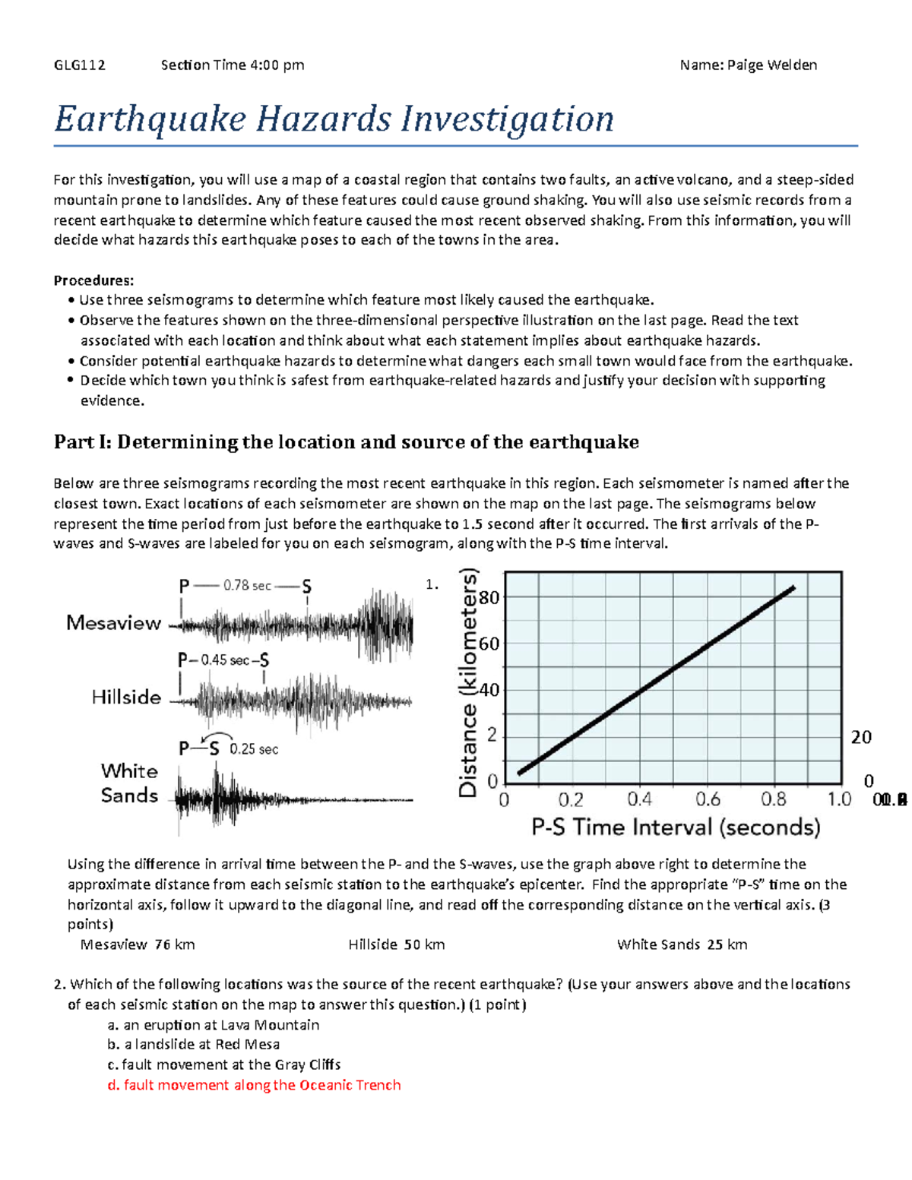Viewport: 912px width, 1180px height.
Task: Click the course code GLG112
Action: coord(79,65)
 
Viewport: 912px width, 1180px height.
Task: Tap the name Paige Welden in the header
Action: coord(771,65)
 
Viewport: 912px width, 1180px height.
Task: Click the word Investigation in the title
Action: coord(508,119)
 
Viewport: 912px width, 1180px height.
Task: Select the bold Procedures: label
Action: coord(93,280)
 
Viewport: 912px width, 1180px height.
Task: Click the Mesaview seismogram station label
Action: coord(114,623)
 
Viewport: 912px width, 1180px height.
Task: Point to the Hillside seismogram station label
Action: coord(126,697)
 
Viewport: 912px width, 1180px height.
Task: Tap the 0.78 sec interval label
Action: coord(247,585)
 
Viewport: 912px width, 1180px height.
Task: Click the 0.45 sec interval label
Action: coord(225,660)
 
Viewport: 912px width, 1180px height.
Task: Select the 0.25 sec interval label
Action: coord(254,749)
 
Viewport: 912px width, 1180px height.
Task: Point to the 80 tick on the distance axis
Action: coord(489,597)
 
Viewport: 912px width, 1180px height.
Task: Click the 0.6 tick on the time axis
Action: coord(708,799)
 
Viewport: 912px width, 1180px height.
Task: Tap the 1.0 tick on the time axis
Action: coord(839,799)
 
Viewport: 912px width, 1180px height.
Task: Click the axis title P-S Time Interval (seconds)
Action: coord(676,827)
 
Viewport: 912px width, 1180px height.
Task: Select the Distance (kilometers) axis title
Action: coord(469,683)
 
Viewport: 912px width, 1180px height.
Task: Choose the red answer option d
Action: coord(254,1085)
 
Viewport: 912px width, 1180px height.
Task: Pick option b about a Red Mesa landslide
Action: coord(194,1045)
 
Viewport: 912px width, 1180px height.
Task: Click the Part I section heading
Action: coord(346,442)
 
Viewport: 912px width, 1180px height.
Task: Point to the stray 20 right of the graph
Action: coord(860,737)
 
